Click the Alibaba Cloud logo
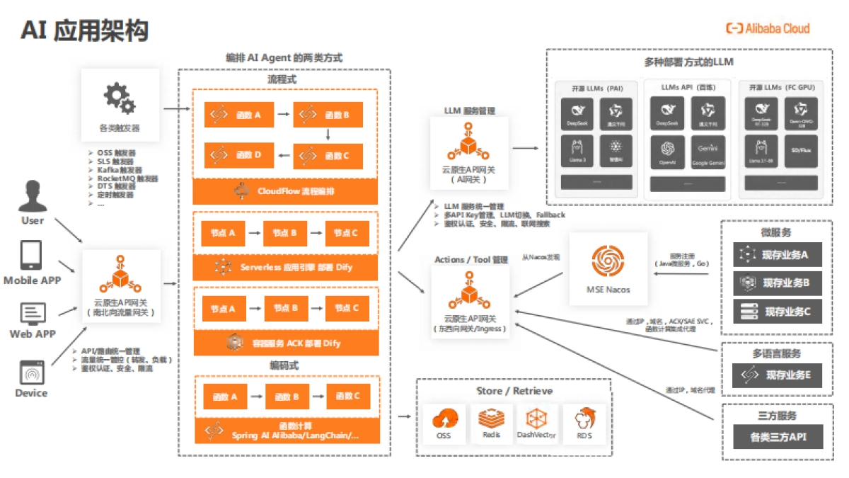click(x=768, y=28)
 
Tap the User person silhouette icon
click(x=32, y=196)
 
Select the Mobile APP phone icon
click(x=32, y=256)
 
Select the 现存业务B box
click(x=778, y=283)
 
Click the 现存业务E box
click(x=778, y=375)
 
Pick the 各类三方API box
click(x=778, y=437)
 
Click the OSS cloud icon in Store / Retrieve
click(x=444, y=420)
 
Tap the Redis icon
click(x=491, y=420)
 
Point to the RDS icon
click(x=584, y=420)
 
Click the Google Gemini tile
click(x=707, y=152)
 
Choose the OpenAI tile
click(x=666, y=152)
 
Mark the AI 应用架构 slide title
click(x=84, y=30)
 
